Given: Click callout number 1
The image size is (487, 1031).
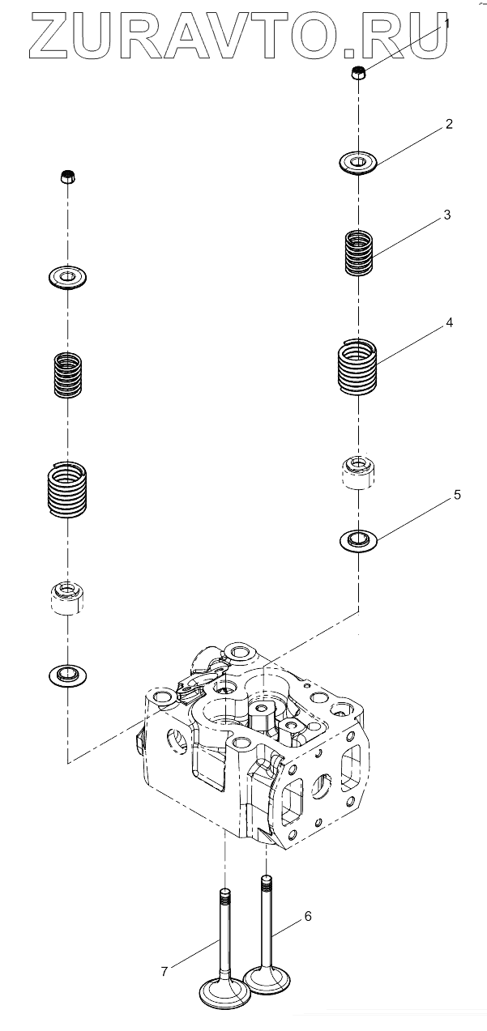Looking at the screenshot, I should tap(446, 24).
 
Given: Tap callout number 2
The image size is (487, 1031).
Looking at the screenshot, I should tap(448, 125).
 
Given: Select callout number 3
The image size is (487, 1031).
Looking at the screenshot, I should tap(446, 215).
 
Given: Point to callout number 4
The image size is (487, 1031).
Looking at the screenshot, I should tap(449, 322).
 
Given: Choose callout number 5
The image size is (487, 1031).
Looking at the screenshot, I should tap(457, 495).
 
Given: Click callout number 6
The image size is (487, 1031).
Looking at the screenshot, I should tap(308, 916).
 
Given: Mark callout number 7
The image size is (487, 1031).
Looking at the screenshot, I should tap(164, 971).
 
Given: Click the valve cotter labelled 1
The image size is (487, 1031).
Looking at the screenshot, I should tap(359, 75).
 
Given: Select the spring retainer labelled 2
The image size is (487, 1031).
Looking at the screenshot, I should tap(359, 163).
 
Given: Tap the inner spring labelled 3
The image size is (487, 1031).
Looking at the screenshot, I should tap(359, 252).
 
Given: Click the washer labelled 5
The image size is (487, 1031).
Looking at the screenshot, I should tap(358, 539).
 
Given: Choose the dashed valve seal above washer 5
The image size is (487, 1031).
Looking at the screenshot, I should tap(358, 472).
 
